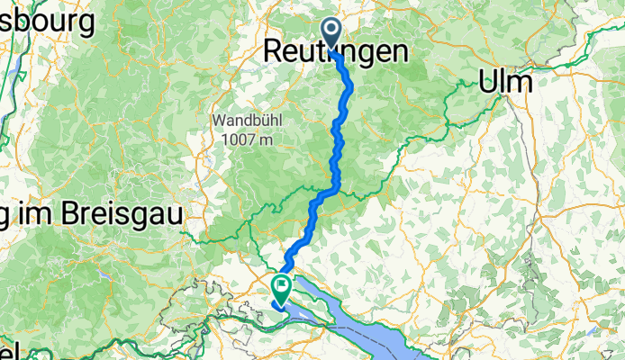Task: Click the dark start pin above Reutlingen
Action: click(331, 34)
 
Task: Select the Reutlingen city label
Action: click(335, 53)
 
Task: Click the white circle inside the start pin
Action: click(331, 31)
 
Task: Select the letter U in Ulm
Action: click(487, 81)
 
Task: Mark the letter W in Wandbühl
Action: click(219, 121)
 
